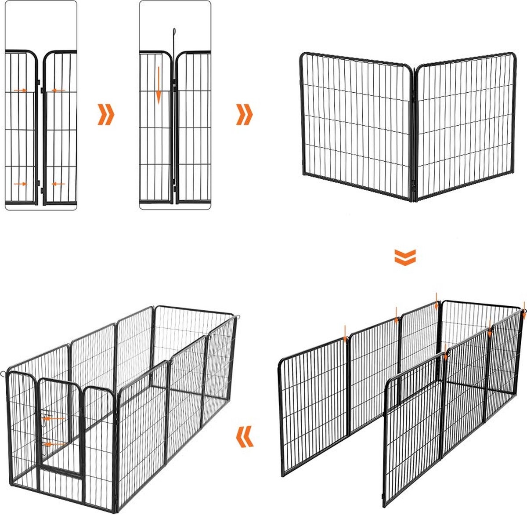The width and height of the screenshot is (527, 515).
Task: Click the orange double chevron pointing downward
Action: [404, 257]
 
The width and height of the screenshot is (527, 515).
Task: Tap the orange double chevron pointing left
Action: [245, 436]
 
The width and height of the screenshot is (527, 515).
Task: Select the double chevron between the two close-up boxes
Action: [105, 115]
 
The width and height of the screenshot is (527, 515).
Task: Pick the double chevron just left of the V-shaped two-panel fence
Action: [245, 115]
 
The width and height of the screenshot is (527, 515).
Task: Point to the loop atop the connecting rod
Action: [174, 32]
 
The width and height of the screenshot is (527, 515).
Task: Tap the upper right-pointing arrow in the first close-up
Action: [20, 90]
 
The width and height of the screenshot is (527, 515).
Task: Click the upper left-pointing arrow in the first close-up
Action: [58, 90]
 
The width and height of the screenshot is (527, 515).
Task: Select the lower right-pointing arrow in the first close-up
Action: [20, 184]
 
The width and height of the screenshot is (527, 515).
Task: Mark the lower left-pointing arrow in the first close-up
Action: [58, 184]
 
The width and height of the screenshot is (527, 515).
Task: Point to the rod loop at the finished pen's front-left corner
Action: [4, 374]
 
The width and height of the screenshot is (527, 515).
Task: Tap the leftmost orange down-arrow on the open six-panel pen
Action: [345, 333]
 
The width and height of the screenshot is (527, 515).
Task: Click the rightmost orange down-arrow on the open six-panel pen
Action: [524, 308]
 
